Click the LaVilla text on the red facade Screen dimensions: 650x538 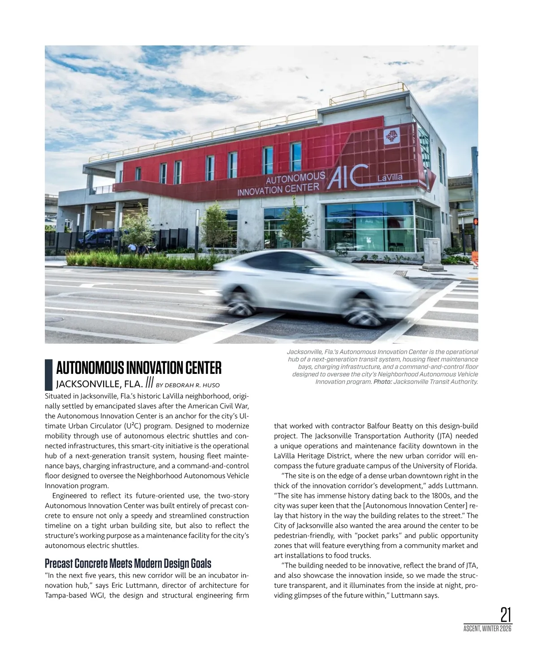click(390, 178)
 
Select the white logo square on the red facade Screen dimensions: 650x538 click(392, 136)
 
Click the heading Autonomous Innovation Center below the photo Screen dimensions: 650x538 click(139, 368)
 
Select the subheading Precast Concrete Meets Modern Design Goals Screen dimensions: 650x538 click(128, 563)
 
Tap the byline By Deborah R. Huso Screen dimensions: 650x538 click(188, 385)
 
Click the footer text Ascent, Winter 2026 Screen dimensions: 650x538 click(487, 629)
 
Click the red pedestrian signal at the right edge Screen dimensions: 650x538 click(476, 221)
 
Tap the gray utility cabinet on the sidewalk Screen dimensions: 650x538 click(432, 254)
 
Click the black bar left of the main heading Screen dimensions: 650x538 click(49, 375)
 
